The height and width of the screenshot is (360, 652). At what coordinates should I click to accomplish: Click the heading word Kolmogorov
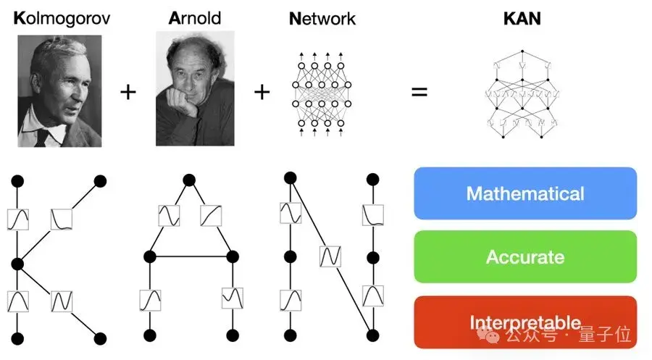(62, 18)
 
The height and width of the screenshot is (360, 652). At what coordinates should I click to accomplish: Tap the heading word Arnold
(194, 18)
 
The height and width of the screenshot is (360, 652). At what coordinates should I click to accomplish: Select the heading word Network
(322, 18)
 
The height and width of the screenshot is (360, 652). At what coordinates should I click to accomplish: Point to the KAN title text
(522, 18)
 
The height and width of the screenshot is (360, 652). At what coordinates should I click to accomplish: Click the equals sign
(419, 93)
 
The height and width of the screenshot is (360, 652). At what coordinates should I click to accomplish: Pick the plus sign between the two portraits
(128, 93)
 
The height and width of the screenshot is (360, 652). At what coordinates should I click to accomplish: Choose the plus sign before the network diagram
(262, 93)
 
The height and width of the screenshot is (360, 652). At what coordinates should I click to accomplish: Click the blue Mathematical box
(525, 193)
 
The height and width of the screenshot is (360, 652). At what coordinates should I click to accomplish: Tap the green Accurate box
(525, 256)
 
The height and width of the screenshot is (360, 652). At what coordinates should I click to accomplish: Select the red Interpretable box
(525, 321)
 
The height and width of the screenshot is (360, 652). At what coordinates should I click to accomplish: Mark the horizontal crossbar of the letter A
(191, 256)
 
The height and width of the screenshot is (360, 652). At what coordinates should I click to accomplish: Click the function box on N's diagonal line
(330, 256)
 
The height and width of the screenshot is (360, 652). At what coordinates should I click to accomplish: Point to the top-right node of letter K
(101, 180)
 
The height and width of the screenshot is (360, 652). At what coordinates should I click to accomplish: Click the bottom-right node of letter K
(100, 338)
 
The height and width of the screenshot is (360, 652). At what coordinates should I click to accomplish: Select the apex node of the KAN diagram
(522, 51)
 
